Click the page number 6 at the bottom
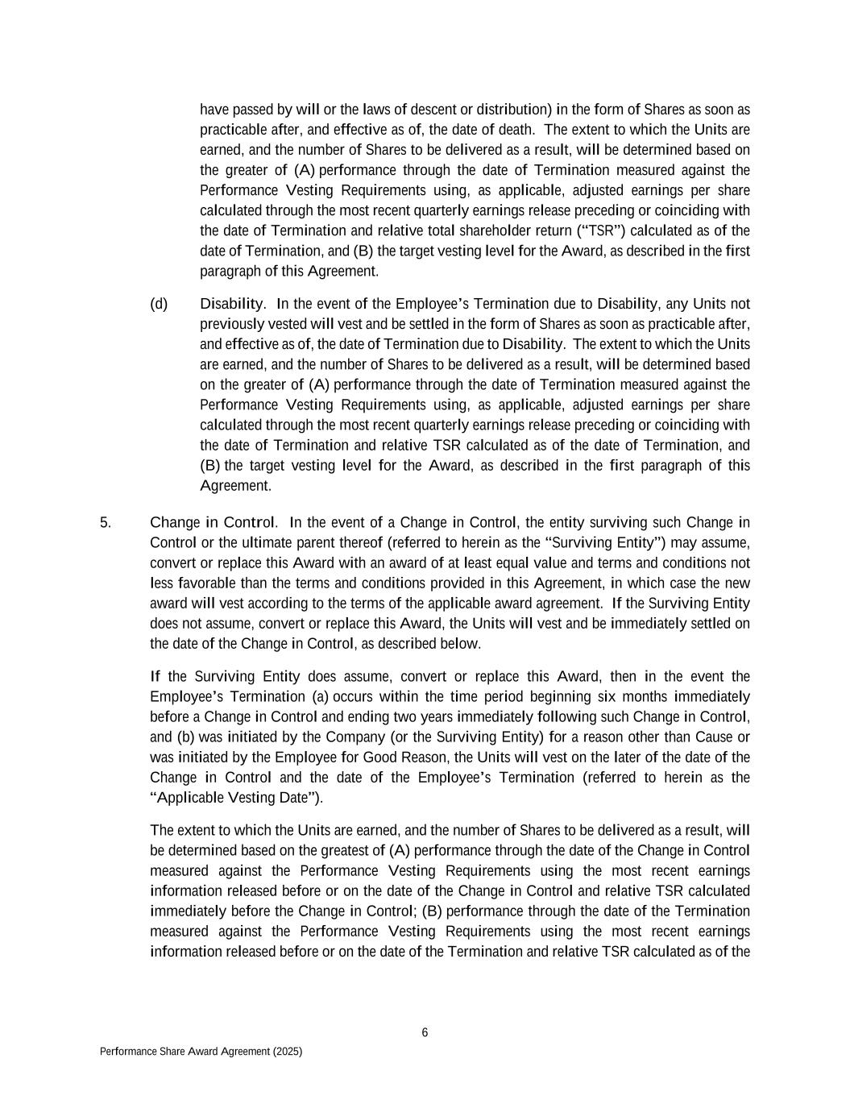pos(425,1033)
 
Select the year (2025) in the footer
pos(288,1052)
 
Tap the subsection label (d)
pos(159,304)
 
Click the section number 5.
pos(106,522)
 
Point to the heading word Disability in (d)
pos(232,304)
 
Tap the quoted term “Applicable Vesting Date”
pos(234,798)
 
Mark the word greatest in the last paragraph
pos(346,851)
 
